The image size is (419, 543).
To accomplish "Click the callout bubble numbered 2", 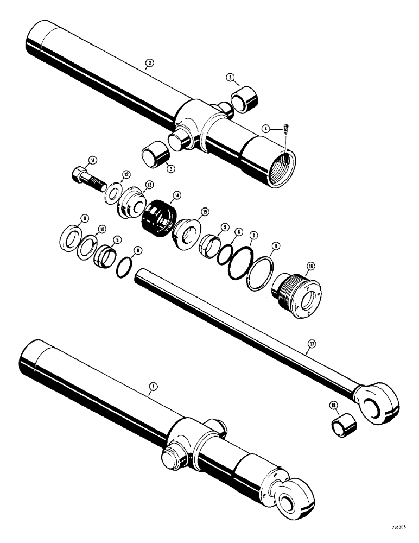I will tap(150, 62).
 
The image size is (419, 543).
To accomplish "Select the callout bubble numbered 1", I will tap(154, 387).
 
